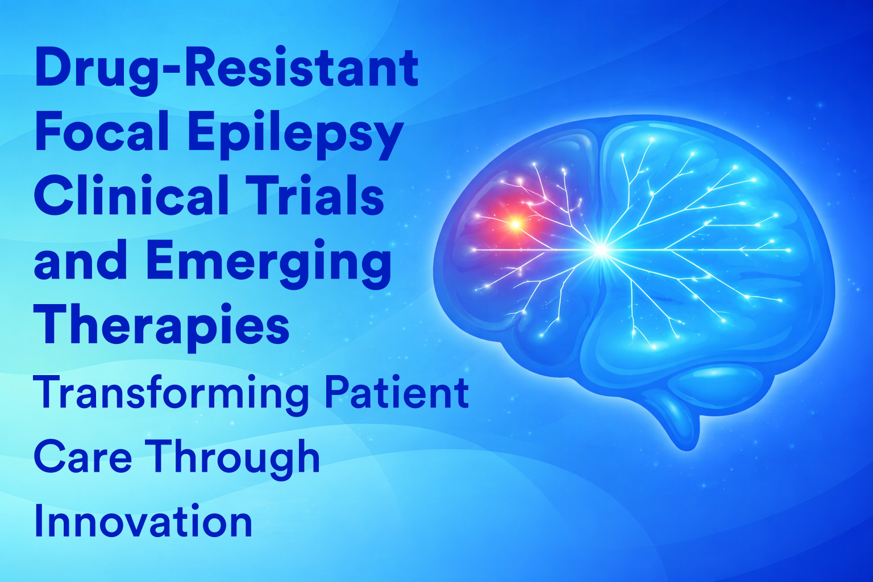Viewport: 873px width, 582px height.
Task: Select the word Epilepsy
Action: coord(296,135)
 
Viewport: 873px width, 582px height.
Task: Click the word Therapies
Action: coord(162,328)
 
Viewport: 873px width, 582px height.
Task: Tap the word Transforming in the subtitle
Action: coord(172,394)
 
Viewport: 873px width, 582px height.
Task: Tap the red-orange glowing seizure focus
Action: coord(515,224)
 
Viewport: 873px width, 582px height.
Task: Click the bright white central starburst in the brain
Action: coord(601,250)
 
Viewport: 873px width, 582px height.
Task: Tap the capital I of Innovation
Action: coord(38,520)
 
